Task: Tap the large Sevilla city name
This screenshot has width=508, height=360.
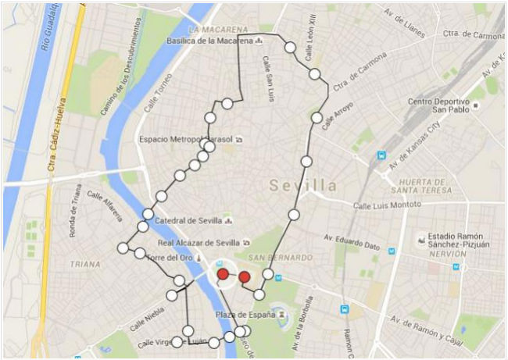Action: (x=304, y=186)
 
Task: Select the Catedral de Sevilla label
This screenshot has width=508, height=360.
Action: (x=188, y=221)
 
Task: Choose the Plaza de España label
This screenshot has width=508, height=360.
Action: (x=245, y=315)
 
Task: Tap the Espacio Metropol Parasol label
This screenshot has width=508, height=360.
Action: (x=186, y=140)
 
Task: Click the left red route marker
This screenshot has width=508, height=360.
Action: (x=223, y=274)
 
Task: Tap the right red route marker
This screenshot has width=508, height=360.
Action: (x=244, y=277)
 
